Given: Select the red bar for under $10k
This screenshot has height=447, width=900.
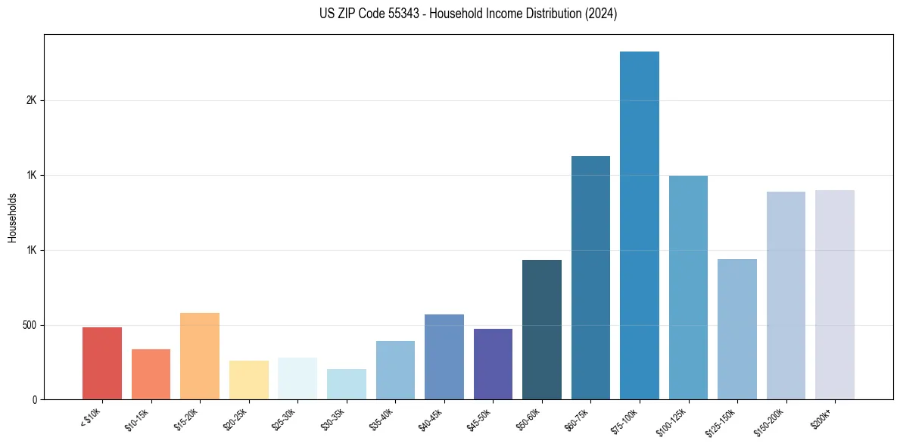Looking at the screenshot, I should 102,363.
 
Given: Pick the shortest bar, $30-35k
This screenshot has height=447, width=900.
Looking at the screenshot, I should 347,384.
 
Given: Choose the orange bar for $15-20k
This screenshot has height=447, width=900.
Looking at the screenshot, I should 200,356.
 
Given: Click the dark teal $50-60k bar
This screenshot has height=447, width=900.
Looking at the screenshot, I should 542,330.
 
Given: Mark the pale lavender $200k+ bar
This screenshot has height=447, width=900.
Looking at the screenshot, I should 835,295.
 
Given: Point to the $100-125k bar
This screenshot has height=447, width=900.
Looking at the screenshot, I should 688,287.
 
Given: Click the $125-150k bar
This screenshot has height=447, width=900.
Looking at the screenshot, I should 737,329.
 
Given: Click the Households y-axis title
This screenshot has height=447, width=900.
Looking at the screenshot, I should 12,217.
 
